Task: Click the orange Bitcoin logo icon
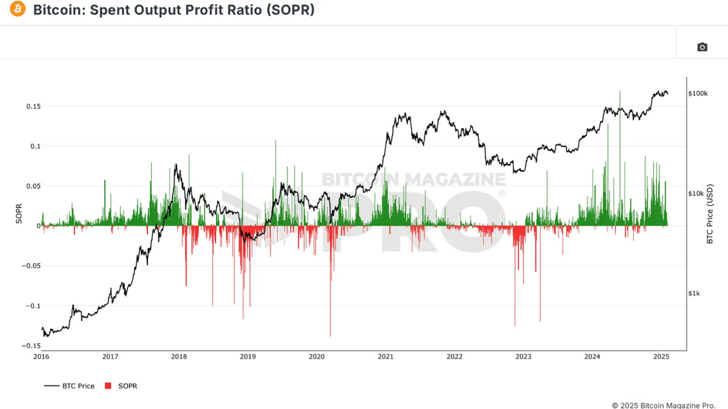pyautogui.click(x=18, y=10)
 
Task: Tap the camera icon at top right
pyautogui.click(x=702, y=47)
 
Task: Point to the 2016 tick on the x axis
pyautogui.click(x=41, y=357)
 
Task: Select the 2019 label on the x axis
pyautogui.click(x=248, y=357)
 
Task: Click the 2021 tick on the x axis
pyautogui.click(x=385, y=357)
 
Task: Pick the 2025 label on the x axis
pyautogui.click(x=661, y=357)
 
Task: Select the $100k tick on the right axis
pyautogui.click(x=698, y=93)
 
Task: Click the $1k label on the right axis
pyautogui.click(x=694, y=293)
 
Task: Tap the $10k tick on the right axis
pyautogui.click(x=696, y=194)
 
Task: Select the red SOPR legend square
pyautogui.click(x=109, y=386)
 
